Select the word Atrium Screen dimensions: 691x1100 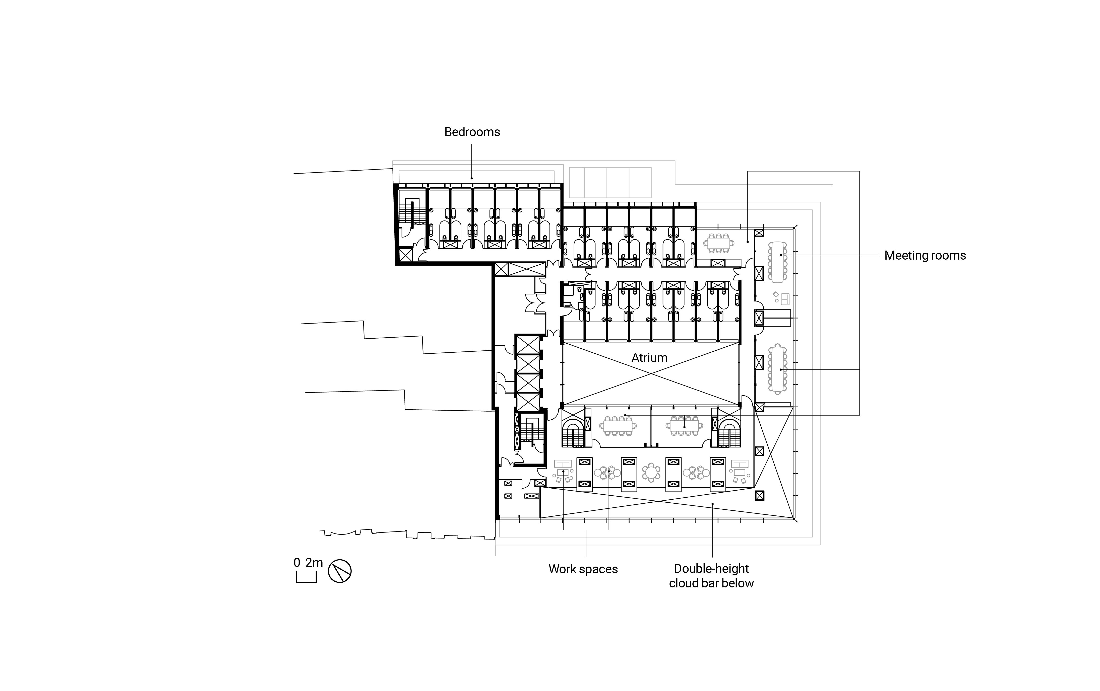tap(649, 358)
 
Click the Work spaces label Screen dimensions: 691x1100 tap(583, 569)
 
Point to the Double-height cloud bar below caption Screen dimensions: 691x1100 tap(711, 576)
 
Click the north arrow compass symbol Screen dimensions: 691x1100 tap(340, 571)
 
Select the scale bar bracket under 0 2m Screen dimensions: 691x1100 tap(306, 578)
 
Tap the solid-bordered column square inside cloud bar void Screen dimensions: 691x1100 tap(759, 495)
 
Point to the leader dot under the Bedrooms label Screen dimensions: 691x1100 tap(472, 178)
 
